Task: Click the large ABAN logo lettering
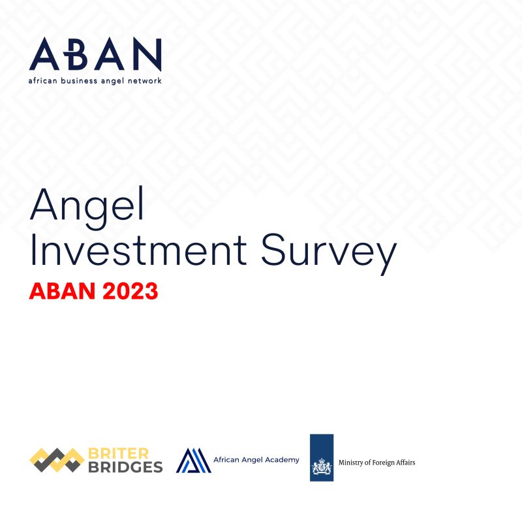coord(95,54)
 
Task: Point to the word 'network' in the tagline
coord(144,81)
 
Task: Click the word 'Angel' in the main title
coord(86,205)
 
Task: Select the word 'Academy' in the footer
coord(283,460)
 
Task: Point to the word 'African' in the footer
coord(227,460)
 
